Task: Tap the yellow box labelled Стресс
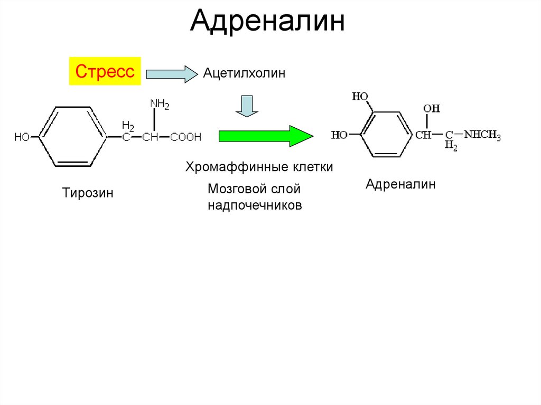click(105, 71)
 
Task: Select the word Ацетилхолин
click(244, 73)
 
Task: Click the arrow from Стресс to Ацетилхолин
click(171, 74)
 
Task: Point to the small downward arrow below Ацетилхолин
click(246, 106)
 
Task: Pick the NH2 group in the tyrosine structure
click(160, 105)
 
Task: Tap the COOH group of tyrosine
click(186, 137)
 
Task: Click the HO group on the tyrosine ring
click(22, 137)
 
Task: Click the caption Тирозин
click(88, 193)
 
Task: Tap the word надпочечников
click(255, 205)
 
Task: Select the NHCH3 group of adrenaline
click(482, 135)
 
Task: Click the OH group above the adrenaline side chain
click(431, 109)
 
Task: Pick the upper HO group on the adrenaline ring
click(360, 97)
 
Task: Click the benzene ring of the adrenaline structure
click(385, 135)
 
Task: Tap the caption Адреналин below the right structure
click(400, 184)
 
